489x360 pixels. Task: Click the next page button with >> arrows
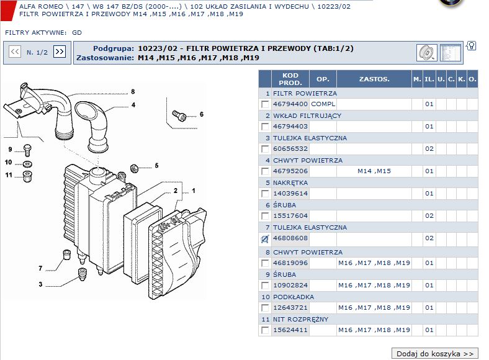pyautogui.click(x=59, y=52)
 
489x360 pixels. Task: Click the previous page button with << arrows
pyautogui.click(x=15, y=52)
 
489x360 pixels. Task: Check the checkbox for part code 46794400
pyautogui.click(x=265, y=104)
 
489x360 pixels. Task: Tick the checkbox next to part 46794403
pyautogui.click(x=265, y=127)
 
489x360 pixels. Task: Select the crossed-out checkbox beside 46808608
pyautogui.click(x=265, y=238)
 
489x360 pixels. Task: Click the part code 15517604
pyautogui.click(x=290, y=216)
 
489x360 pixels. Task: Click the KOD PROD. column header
pyautogui.click(x=290, y=79)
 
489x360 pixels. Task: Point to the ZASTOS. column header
pyautogui.click(x=374, y=79)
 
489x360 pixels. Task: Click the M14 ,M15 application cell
pyautogui.click(x=374, y=171)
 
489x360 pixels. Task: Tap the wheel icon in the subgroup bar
pyautogui.click(x=426, y=53)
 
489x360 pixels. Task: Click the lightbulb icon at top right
pyautogui.click(x=472, y=46)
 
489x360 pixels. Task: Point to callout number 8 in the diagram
pyautogui.click(x=133, y=91)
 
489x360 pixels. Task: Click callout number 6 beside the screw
pyautogui.click(x=202, y=114)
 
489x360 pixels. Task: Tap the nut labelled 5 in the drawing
pyautogui.click(x=135, y=168)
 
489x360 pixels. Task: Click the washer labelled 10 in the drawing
pyautogui.click(x=28, y=164)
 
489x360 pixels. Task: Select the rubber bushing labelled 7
pyautogui.click(x=67, y=254)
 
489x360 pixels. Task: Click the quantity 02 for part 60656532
pyautogui.click(x=429, y=149)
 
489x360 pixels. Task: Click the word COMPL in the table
pyautogui.click(x=323, y=104)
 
